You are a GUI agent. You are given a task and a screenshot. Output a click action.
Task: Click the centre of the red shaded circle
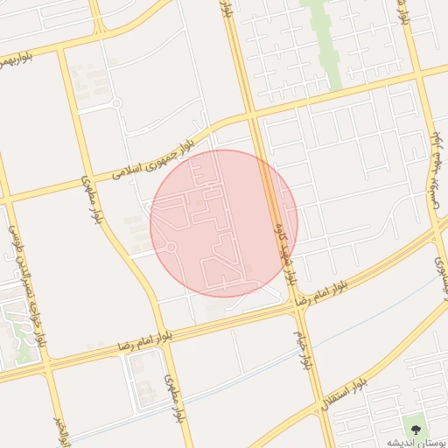(224, 223)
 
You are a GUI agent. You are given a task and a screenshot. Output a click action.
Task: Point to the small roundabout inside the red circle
(171, 248)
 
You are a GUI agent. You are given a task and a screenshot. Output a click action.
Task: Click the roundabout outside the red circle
(116, 103)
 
